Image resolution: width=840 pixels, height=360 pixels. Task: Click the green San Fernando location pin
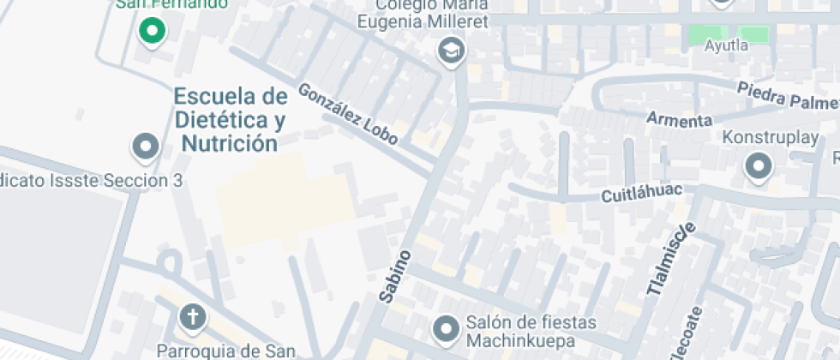[152, 32]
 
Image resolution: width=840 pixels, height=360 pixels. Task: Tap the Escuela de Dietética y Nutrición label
[229, 118]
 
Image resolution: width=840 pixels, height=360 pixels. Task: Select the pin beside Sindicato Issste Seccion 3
[145, 147]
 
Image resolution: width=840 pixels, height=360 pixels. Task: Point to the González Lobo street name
[348, 114]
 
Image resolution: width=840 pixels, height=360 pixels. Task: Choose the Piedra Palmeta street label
[787, 95]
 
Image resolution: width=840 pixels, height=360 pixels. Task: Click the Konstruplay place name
[759, 137]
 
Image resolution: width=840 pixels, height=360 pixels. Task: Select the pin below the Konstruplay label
[759, 166]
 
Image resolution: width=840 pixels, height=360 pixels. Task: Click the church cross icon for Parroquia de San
[193, 318]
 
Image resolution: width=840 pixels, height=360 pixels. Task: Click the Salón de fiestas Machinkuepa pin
[446, 327]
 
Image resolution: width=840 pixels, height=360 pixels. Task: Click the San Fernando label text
[171, 3]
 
